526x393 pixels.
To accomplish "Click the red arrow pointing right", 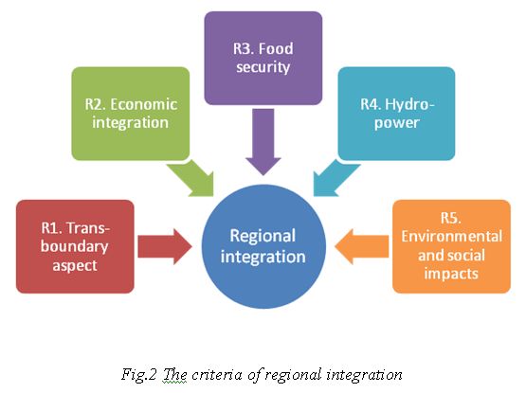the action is (x=164, y=247).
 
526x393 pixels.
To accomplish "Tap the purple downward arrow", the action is (x=263, y=141).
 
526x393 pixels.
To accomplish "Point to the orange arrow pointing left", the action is (x=362, y=247).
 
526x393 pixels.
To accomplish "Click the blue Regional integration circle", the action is (x=263, y=246).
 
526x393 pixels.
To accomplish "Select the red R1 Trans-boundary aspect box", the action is (x=75, y=246).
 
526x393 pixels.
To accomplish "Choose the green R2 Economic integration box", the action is (x=131, y=114).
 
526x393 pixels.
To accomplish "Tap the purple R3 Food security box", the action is (x=263, y=58).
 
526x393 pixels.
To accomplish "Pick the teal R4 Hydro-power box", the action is (x=396, y=114).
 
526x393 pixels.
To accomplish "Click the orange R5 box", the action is (x=451, y=246).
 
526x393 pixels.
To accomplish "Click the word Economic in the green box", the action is (x=143, y=104).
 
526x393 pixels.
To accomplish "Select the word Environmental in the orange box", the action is (x=451, y=237).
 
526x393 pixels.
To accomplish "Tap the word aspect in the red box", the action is (x=75, y=266).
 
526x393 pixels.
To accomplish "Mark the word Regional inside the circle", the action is (x=263, y=237).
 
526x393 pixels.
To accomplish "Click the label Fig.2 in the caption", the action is (x=139, y=375).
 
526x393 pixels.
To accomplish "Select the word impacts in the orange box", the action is (x=451, y=274).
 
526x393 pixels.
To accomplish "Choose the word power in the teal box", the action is (x=397, y=123).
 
